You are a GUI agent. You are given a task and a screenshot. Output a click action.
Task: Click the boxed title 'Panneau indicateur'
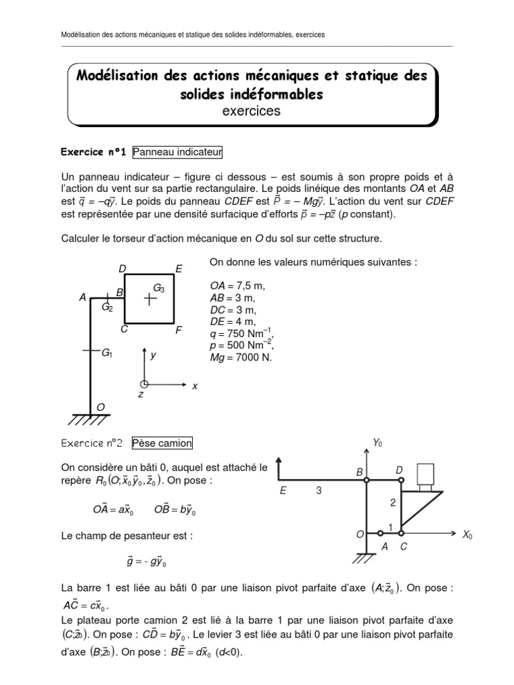pyautogui.click(x=177, y=153)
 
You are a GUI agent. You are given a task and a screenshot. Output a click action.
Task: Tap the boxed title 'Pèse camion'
pyautogui.click(x=162, y=442)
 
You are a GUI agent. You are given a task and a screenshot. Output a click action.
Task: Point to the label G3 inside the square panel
pyautogui.click(x=159, y=288)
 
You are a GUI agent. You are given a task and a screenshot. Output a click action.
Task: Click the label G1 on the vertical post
pyautogui.click(x=107, y=352)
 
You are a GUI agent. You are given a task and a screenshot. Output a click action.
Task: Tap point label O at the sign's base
pyautogui.click(x=100, y=407)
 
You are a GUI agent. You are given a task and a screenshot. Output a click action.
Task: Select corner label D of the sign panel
pyautogui.click(x=122, y=268)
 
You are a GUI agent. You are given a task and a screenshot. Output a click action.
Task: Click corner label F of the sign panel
pyautogui.click(x=178, y=330)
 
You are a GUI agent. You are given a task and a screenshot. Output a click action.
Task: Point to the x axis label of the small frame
pyautogui.click(x=195, y=386)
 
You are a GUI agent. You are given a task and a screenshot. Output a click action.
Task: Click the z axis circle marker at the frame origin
pyautogui.click(x=143, y=384)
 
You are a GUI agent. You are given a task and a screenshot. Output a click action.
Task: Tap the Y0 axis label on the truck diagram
pyautogui.click(x=378, y=442)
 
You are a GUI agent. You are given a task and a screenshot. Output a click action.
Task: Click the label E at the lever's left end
pyautogui.click(x=283, y=491)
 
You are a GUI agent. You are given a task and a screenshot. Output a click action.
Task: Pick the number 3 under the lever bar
pyautogui.click(x=319, y=491)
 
